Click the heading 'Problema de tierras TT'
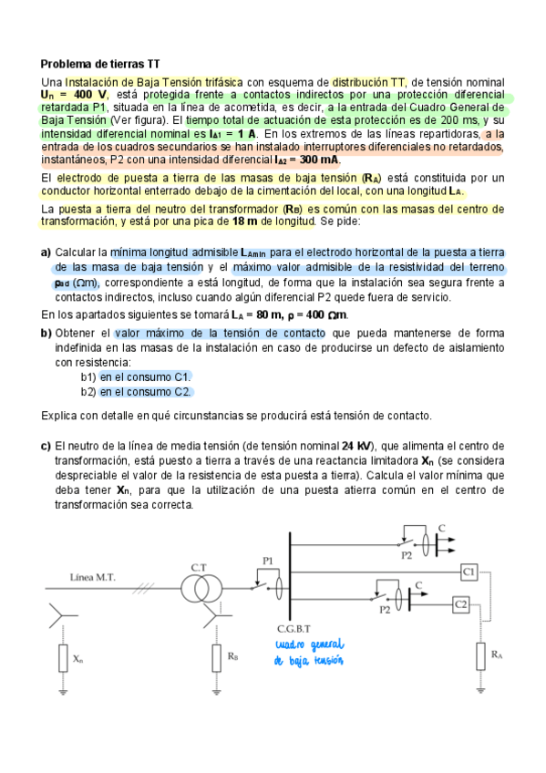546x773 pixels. (x=100, y=65)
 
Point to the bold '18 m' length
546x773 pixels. (x=245, y=222)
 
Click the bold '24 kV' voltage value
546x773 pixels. (x=356, y=447)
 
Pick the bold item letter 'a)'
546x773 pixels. (x=46, y=252)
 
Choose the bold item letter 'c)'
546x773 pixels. (x=46, y=447)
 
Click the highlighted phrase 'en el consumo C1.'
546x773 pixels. (x=146, y=376)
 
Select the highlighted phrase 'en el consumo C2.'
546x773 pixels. (x=146, y=392)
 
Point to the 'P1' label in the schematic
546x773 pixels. (x=268, y=561)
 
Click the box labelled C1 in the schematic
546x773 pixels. (x=469, y=572)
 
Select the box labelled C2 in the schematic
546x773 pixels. (x=460, y=604)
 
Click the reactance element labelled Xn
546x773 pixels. (x=64, y=656)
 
